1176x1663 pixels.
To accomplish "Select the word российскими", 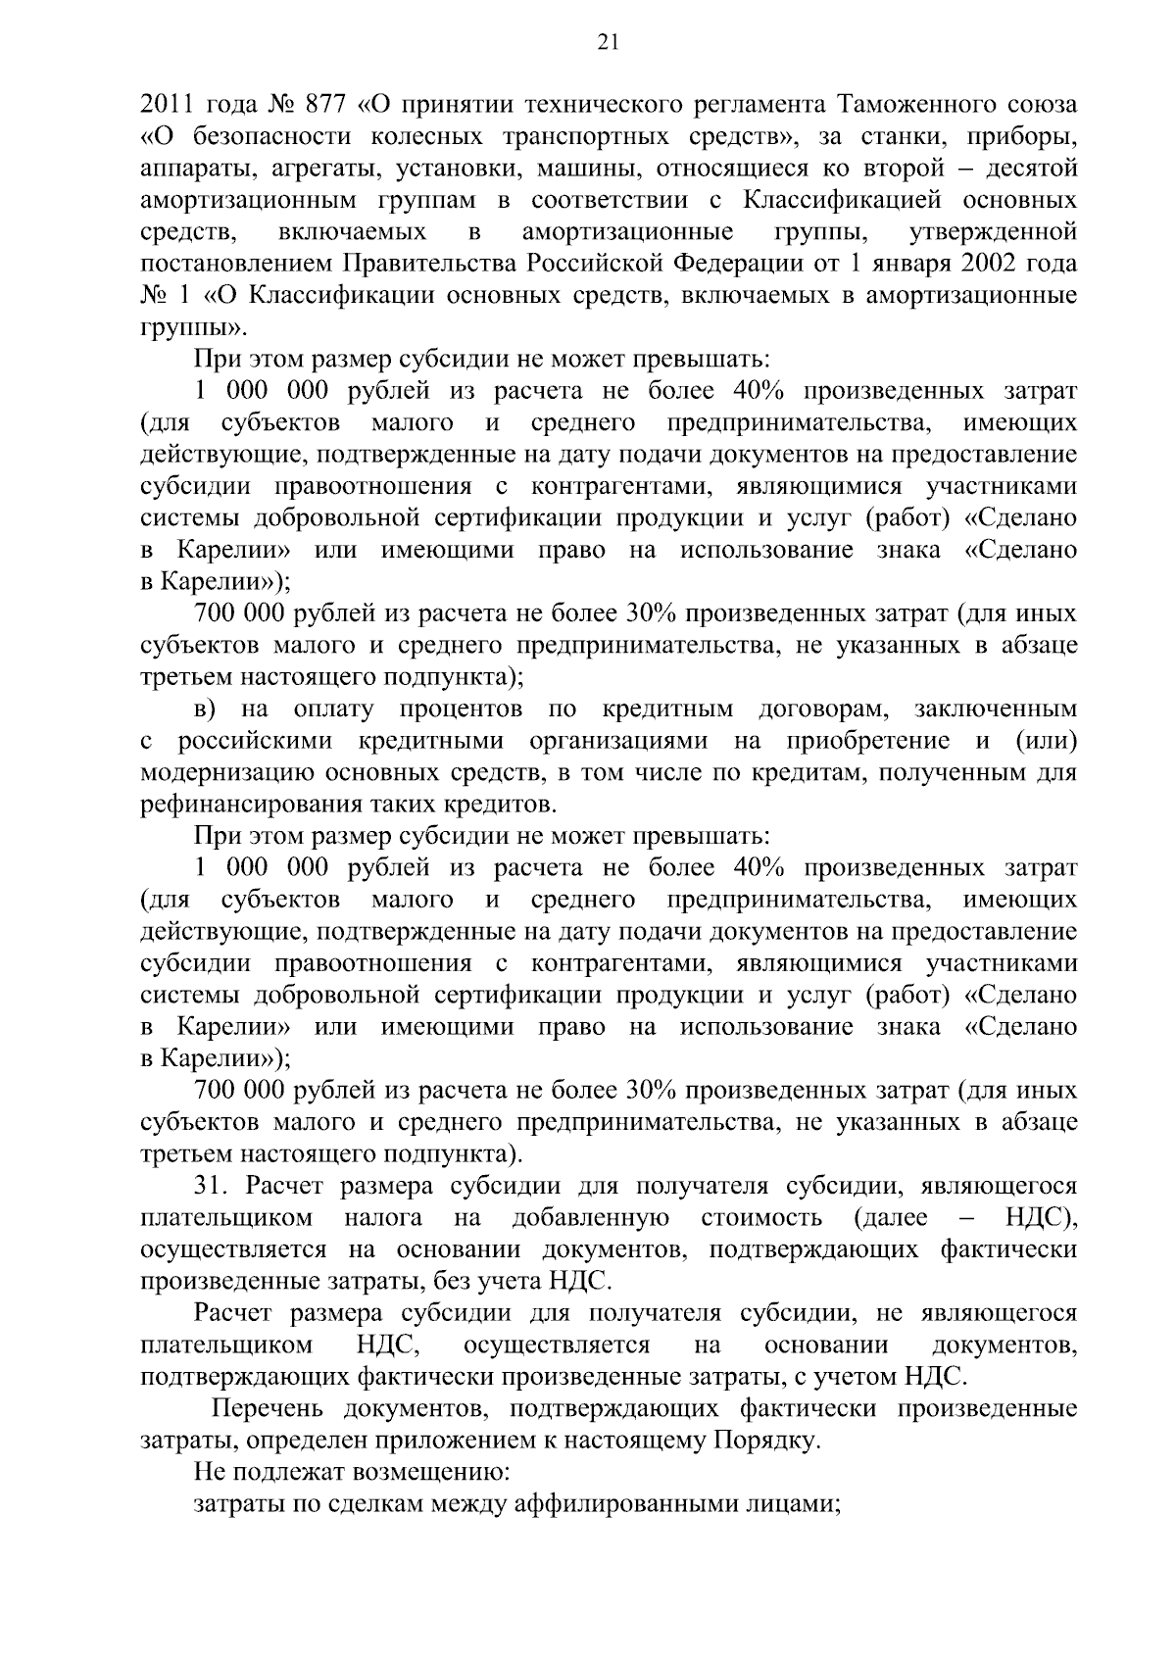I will [255, 741].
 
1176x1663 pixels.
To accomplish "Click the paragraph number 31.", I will [212, 1186].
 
